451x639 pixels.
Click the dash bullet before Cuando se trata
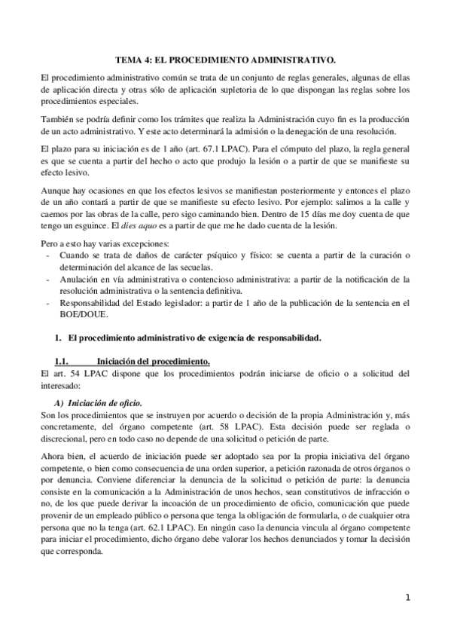click(50, 256)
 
